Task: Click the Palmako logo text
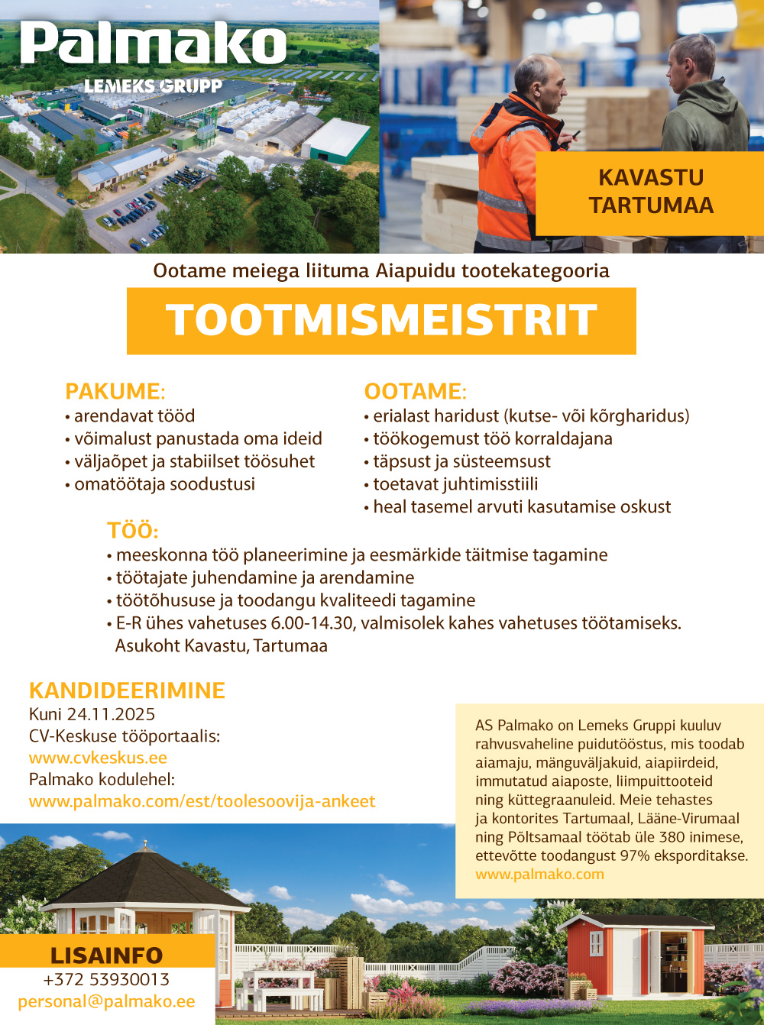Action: coord(153,44)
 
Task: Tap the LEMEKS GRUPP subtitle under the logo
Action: coord(153,86)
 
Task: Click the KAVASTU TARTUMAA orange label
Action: coord(650,192)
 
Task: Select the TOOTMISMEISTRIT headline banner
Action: coord(381,320)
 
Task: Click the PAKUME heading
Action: coord(115,391)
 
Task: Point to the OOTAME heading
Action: coord(415,391)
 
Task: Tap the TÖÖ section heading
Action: coord(132,531)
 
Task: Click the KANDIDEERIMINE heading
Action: coord(127,690)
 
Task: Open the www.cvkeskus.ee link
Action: coord(98,758)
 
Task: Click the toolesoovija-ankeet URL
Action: coord(202,801)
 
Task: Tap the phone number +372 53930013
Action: coord(106,979)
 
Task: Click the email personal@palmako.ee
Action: coord(106,1001)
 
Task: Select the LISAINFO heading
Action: coord(106,955)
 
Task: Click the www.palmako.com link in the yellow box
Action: coord(539,874)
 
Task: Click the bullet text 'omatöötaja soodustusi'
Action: coord(164,484)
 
